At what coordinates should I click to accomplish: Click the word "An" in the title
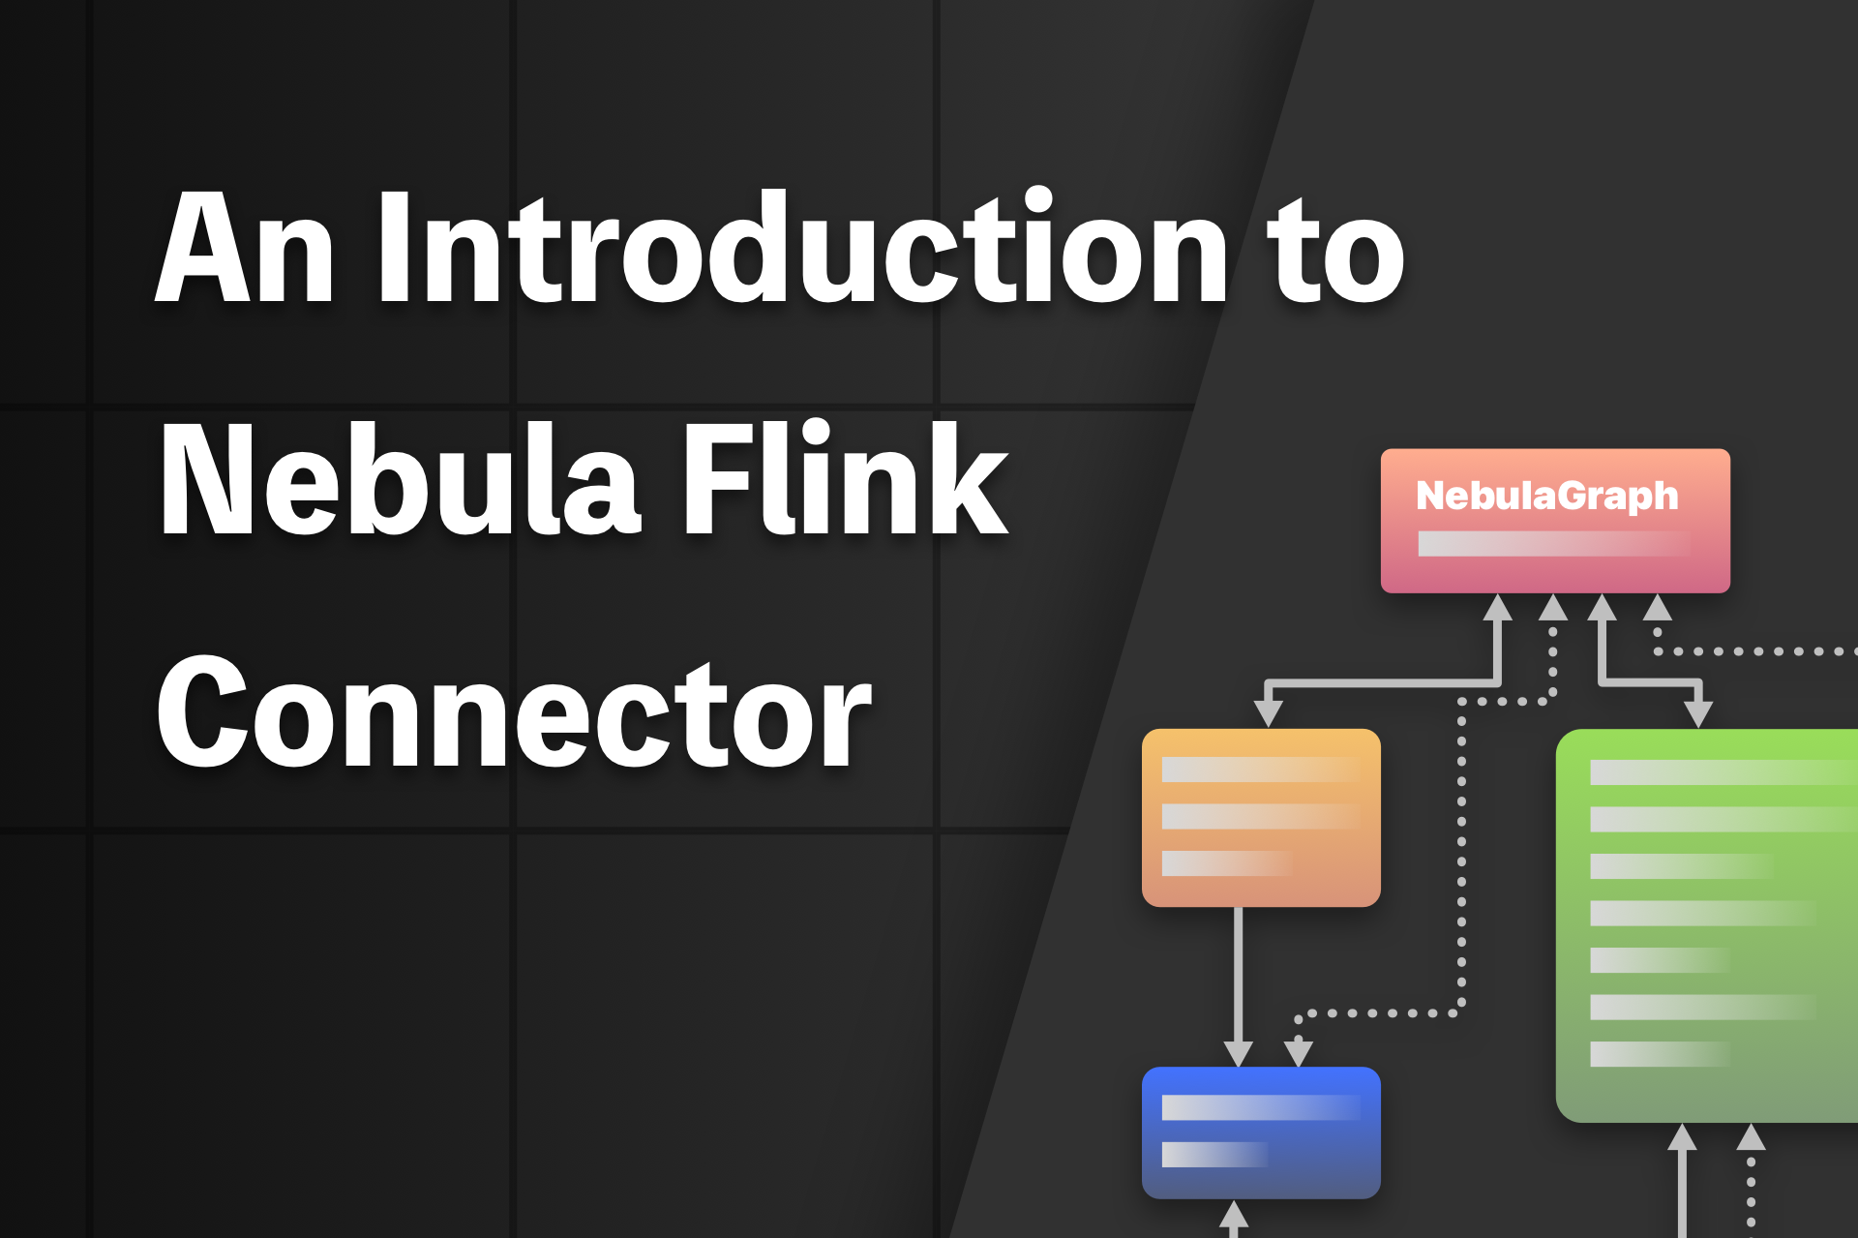point(245,249)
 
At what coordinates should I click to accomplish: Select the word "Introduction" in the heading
point(802,249)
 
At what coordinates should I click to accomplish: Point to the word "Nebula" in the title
point(400,480)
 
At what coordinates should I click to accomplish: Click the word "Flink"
point(845,480)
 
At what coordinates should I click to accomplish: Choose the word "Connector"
point(514,712)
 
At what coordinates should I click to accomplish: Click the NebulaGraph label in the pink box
point(1546,496)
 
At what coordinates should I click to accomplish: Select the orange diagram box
point(1261,818)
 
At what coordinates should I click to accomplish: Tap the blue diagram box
point(1261,1132)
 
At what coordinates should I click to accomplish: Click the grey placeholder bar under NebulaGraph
point(1553,544)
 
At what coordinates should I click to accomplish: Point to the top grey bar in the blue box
point(1261,1107)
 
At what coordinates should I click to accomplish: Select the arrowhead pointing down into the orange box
point(1268,713)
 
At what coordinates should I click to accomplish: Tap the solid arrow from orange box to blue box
point(1239,978)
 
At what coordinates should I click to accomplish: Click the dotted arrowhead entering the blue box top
point(1298,1053)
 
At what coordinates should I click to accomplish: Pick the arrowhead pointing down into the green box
point(1698,714)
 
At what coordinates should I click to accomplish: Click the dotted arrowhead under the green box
point(1751,1136)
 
